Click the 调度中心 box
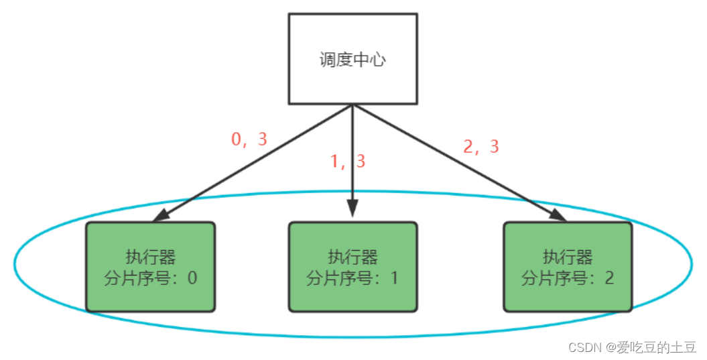352,59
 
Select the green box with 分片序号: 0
150,267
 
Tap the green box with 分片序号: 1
352,267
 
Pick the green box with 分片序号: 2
567,267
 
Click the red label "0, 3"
249,139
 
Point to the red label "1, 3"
348,162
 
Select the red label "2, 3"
481,147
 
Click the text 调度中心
352,60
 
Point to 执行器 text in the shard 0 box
150,257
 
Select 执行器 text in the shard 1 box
352,257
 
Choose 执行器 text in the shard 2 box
567,257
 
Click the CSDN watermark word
584,347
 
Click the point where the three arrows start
352,106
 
